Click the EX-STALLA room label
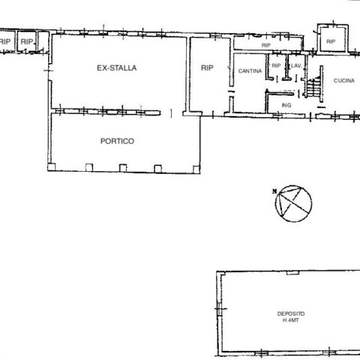tap(117, 68)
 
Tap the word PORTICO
tap(117, 141)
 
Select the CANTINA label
tap(250, 71)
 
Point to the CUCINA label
tap(344, 80)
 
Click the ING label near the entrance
tap(286, 105)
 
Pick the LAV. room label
tap(296, 66)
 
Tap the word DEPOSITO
tap(291, 313)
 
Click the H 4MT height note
tap(291, 320)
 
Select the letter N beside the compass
tap(274, 191)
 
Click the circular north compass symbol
tap(293, 203)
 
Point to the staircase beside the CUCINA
tap(313, 87)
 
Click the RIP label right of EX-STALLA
tap(207, 68)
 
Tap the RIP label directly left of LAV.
tap(276, 66)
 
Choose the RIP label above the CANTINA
tap(266, 45)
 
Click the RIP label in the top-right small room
tap(331, 41)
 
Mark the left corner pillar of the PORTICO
tap(52, 167)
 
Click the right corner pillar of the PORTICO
tap(196, 169)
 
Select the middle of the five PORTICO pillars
tap(123, 168)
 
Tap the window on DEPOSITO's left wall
tap(219, 309)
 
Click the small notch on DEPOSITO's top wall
tap(293, 273)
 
